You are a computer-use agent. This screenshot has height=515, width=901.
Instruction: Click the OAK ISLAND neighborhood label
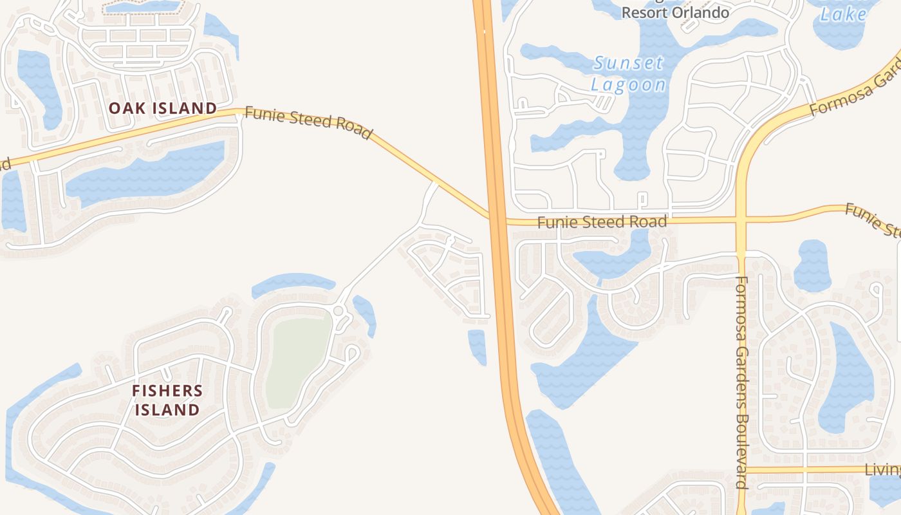click(162, 108)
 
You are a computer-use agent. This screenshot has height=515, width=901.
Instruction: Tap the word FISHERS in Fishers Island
click(167, 391)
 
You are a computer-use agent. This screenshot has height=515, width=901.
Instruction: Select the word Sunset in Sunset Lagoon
click(628, 64)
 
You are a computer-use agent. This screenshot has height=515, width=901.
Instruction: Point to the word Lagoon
click(628, 84)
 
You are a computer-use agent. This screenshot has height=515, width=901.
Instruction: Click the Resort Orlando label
click(674, 12)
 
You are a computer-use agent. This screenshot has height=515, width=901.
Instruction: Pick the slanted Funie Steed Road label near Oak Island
click(308, 123)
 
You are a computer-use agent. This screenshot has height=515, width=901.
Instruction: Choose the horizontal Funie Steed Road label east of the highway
click(602, 222)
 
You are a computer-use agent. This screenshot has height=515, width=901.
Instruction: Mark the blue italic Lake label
click(843, 14)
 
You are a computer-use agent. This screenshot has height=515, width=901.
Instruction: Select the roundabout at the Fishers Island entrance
click(338, 311)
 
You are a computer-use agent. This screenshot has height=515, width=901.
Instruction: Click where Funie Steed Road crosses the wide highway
click(497, 218)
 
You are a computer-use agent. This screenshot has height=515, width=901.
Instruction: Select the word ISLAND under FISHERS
click(167, 409)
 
